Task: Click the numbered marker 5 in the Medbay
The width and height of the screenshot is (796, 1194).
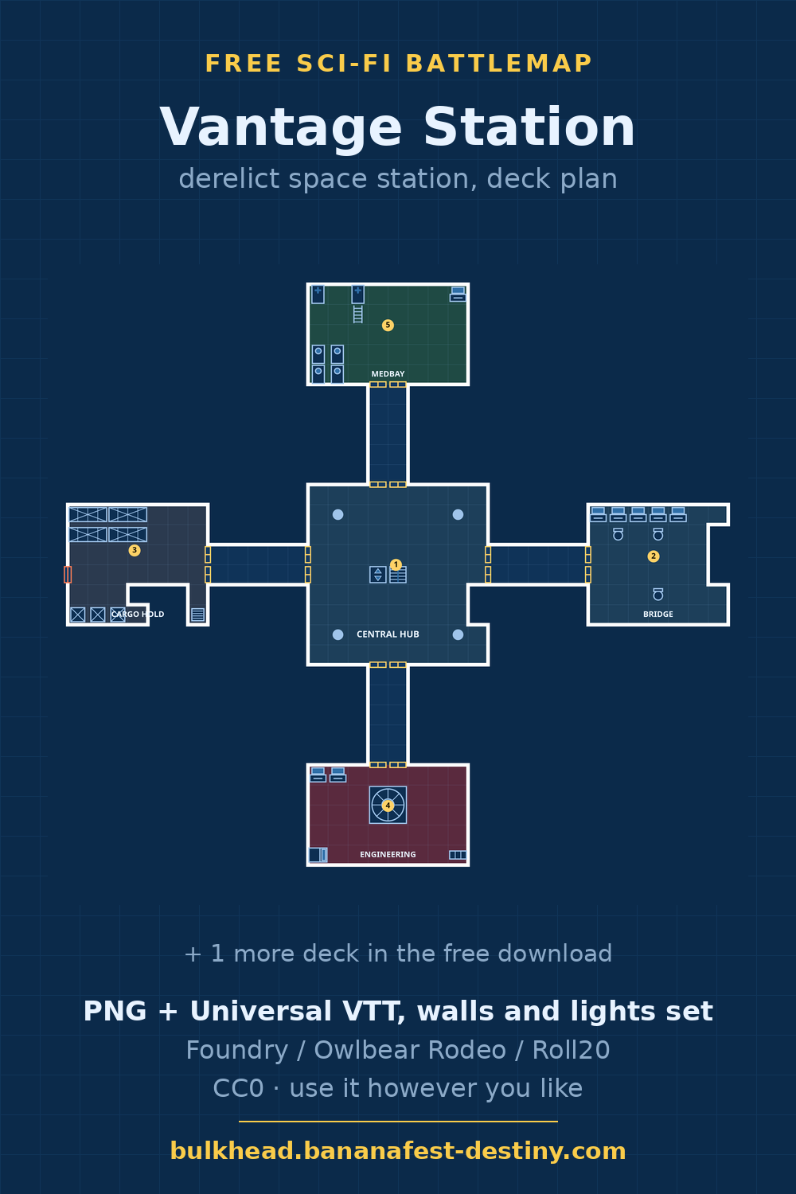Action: click(x=388, y=325)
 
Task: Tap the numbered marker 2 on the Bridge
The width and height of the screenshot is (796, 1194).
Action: click(x=653, y=556)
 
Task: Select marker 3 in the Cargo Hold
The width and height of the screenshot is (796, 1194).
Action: click(x=135, y=550)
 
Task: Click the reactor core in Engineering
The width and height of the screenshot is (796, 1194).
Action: click(x=388, y=805)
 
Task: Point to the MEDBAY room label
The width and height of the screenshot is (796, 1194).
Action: click(x=388, y=374)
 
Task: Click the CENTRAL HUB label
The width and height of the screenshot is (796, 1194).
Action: click(x=388, y=634)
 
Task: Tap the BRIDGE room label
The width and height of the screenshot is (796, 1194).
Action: click(x=658, y=614)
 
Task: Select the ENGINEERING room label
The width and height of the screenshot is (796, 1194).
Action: click(x=388, y=854)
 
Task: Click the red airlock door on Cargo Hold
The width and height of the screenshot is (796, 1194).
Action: click(x=68, y=575)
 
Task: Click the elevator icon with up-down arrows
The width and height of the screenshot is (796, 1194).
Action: click(x=377, y=575)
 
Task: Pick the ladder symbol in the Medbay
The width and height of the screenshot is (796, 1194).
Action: click(x=357, y=314)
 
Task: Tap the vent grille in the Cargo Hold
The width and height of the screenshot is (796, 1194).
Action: click(x=197, y=615)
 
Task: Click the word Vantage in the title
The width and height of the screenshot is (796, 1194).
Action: click(x=280, y=127)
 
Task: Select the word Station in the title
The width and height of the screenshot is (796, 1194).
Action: click(x=529, y=127)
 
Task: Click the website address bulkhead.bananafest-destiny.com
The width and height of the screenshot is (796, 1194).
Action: click(x=398, y=1151)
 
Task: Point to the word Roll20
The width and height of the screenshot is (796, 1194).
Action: click(x=571, y=1050)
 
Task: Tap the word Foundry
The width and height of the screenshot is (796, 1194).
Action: click(x=236, y=1050)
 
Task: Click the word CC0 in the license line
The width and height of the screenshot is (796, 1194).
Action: click(x=238, y=1088)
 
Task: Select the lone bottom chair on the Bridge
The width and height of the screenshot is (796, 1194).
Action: click(x=658, y=595)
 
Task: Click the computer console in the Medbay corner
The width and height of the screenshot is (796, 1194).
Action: click(x=458, y=295)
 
